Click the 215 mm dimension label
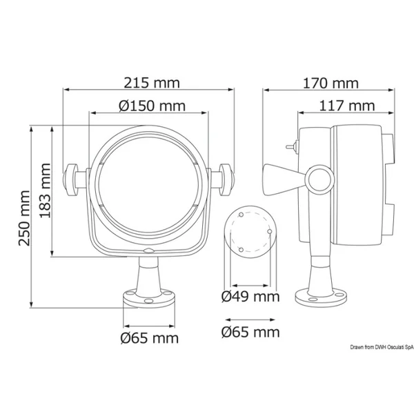point(152,83)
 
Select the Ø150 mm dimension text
point(152,106)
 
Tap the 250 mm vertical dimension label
point(24,218)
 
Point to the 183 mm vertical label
point(45,190)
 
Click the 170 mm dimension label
point(331,83)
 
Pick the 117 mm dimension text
point(347,106)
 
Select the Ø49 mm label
point(250,297)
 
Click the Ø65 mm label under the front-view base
point(150,338)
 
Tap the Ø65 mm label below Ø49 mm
point(250,332)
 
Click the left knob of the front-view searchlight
point(70,180)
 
